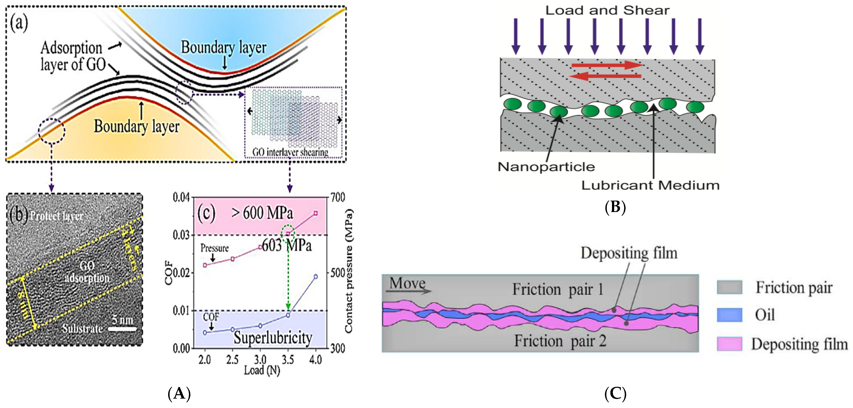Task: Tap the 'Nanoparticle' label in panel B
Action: coord(546,167)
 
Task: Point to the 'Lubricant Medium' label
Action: coord(650,185)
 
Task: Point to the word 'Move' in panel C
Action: coord(407,283)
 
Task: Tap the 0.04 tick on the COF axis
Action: coord(181,198)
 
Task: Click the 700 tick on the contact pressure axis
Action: coord(338,198)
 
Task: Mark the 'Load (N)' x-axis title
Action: coord(262,370)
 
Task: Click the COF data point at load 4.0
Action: coord(315,277)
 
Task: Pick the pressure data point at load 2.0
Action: coord(205,265)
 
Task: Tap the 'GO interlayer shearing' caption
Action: coord(290,152)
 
